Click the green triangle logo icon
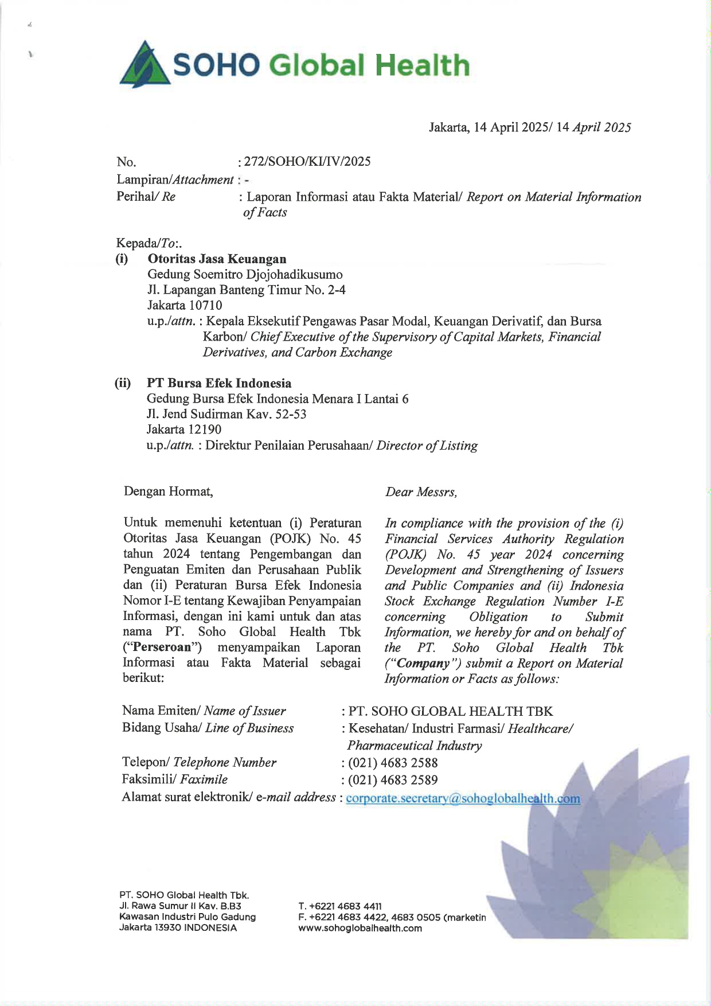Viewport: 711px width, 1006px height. coord(144,64)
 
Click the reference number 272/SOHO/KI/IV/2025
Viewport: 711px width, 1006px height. coord(307,162)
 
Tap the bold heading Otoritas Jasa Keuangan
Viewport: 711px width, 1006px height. coord(217,259)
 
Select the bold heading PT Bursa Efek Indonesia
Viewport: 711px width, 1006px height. coord(219,383)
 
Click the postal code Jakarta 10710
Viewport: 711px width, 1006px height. coord(185,305)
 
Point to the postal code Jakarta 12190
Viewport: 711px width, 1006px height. coord(184,430)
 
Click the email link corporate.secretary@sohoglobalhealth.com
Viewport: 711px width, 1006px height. coord(463,798)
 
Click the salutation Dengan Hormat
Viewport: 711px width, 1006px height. coord(168,492)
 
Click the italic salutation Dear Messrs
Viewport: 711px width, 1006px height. coord(421,492)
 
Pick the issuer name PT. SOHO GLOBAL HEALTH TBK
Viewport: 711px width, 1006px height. coord(451,712)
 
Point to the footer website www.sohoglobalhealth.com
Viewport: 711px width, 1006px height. coord(360,928)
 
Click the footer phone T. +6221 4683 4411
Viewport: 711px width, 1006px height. coord(340,906)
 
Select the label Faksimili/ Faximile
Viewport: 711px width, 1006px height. coord(175,779)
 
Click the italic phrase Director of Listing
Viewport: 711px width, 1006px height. coord(427,446)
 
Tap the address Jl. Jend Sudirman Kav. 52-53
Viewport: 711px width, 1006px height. coord(226,414)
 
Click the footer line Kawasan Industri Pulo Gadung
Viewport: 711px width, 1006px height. coord(187,917)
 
